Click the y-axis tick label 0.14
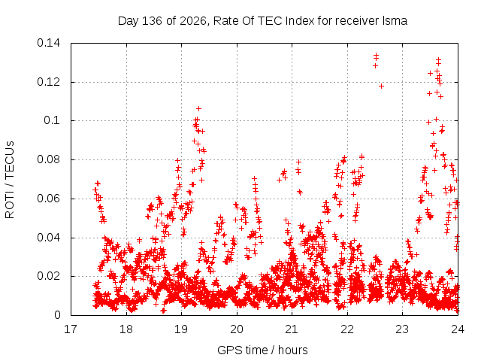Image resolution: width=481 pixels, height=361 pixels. tap(48, 43)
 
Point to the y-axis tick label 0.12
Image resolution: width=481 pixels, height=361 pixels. tap(48, 82)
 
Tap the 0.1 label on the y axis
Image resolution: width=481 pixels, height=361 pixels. tap(52, 120)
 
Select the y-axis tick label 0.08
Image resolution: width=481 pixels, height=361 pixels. tap(48, 159)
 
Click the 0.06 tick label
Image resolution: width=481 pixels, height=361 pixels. tap(48, 199)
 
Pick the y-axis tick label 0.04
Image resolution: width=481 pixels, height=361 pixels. tap(48, 238)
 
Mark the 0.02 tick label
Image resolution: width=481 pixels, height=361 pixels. tap(48, 276)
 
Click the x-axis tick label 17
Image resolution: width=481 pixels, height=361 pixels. tap(71, 329)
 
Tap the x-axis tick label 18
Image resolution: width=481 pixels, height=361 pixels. tap(126, 329)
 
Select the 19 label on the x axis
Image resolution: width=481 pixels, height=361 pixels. tap(181, 329)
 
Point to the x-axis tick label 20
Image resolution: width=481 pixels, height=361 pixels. tap(237, 329)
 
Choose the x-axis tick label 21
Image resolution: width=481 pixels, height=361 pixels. tap(292, 329)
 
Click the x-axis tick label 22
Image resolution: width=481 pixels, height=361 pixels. tap(347, 329)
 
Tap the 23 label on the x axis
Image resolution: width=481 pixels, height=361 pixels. tap(403, 329)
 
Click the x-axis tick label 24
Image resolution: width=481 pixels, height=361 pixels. tap(458, 329)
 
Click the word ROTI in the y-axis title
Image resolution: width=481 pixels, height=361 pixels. tap(10, 206)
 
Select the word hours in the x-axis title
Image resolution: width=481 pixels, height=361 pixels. tap(293, 350)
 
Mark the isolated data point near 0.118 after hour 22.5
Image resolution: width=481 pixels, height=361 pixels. tap(381, 86)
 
